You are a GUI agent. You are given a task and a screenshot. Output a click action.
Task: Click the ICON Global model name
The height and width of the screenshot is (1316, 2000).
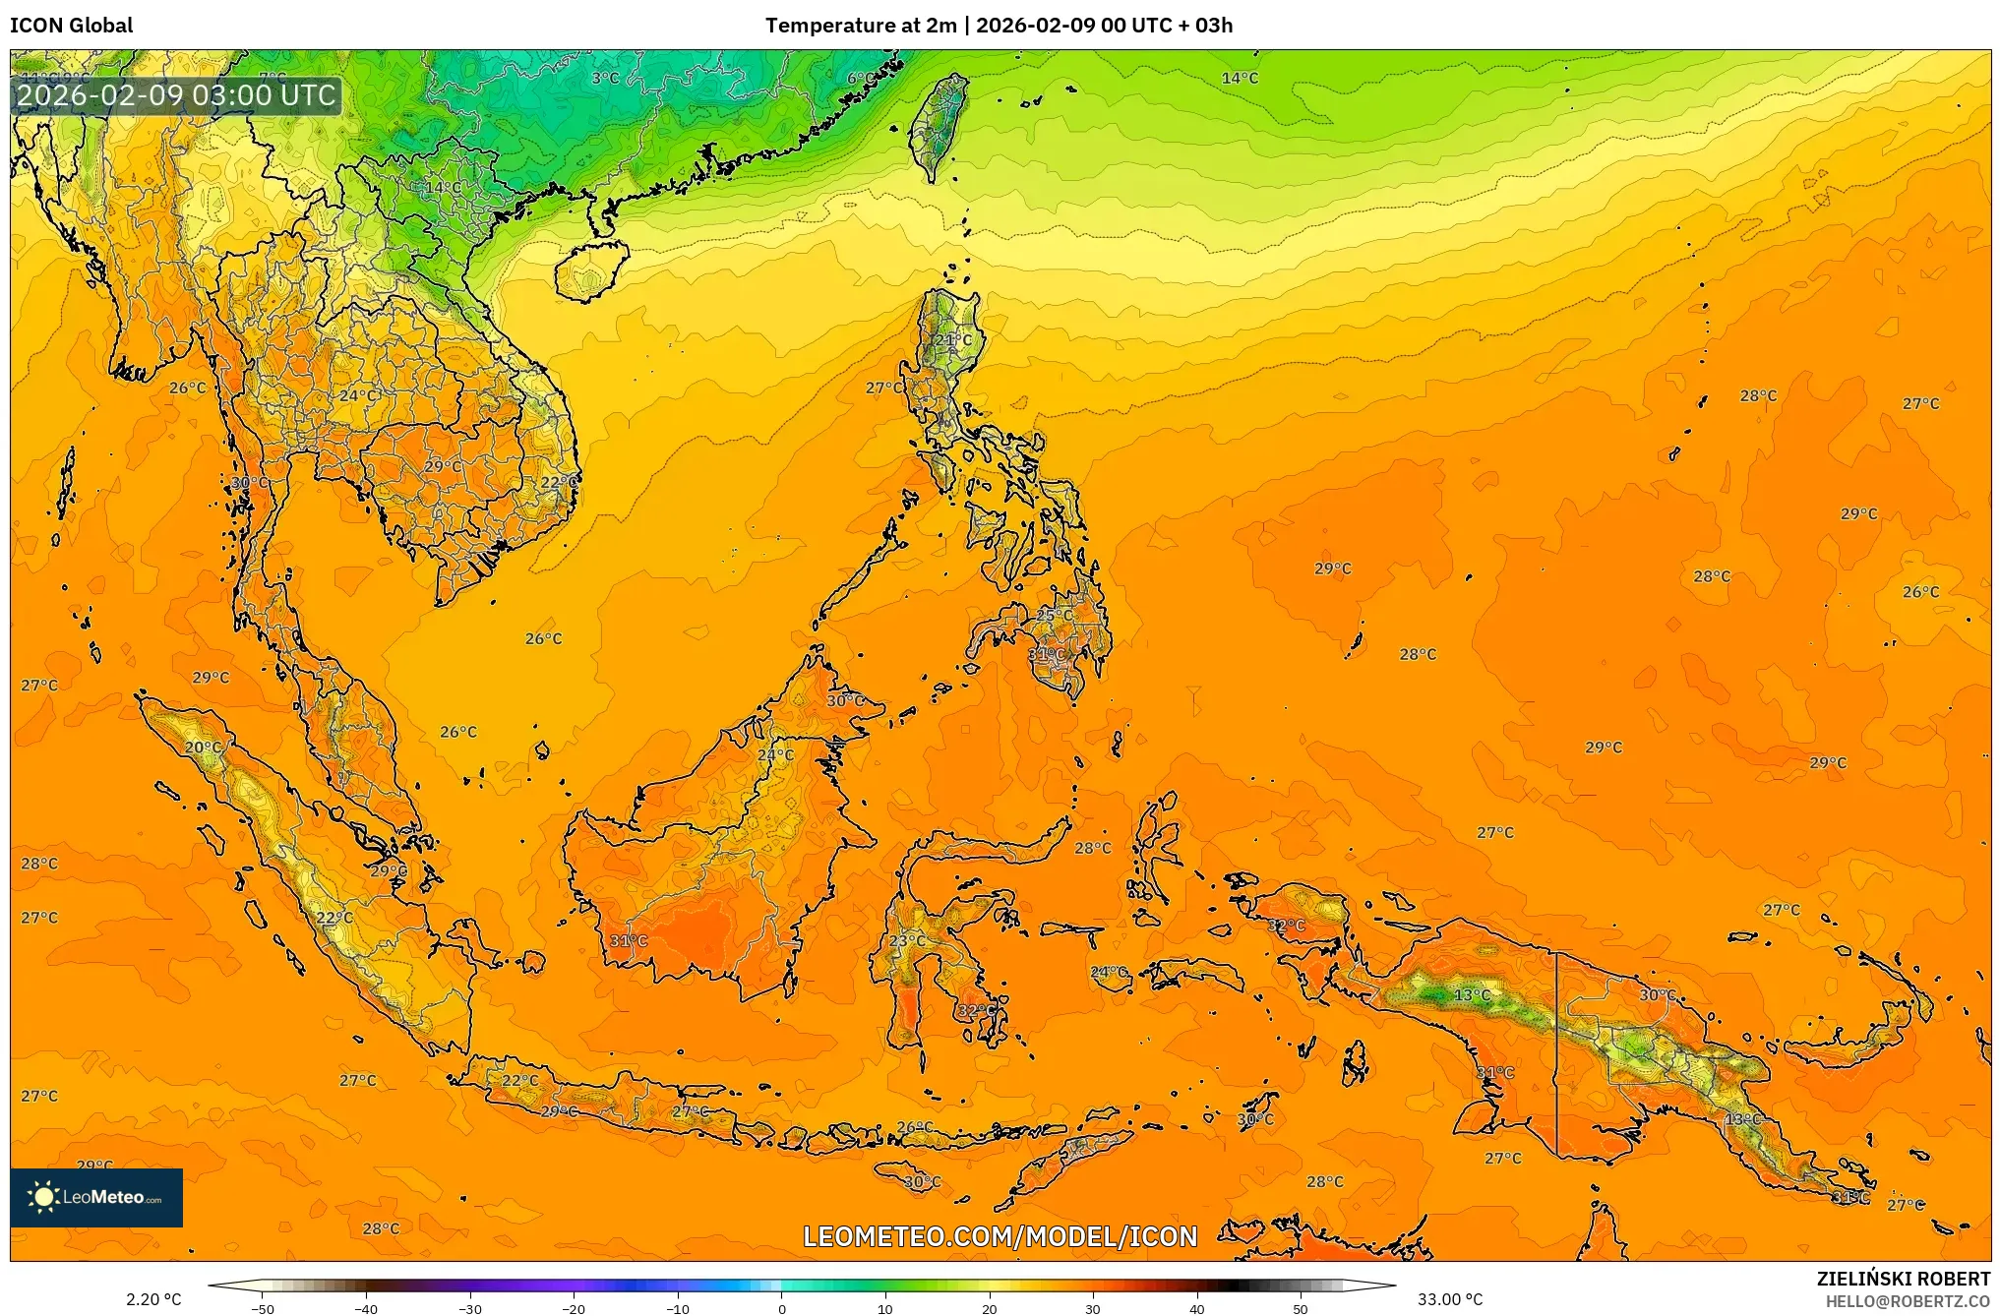click(x=71, y=26)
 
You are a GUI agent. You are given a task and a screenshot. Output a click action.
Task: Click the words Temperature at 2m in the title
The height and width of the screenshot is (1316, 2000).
click(x=861, y=26)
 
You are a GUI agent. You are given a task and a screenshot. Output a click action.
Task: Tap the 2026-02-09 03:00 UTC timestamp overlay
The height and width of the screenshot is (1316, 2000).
click(x=177, y=95)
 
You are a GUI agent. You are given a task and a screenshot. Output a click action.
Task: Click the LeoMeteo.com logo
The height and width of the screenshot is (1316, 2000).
click(x=96, y=1197)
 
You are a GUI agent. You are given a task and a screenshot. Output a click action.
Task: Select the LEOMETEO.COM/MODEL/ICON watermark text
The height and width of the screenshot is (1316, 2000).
click(x=1000, y=1236)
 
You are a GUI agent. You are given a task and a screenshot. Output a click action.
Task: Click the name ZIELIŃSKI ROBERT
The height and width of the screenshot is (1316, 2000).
click(x=1903, y=1279)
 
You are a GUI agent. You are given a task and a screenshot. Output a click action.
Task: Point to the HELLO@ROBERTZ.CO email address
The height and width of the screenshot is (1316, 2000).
click(x=1908, y=1301)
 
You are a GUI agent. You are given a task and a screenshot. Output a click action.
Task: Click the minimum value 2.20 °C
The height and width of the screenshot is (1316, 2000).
click(x=153, y=1299)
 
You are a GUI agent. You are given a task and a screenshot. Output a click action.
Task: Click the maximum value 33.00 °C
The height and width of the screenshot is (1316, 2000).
click(x=1450, y=1299)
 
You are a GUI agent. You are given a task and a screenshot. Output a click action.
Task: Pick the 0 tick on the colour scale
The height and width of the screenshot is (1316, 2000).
click(x=782, y=1309)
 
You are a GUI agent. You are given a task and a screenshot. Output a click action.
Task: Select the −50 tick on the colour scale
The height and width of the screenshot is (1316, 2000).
click(x=263, y=1309)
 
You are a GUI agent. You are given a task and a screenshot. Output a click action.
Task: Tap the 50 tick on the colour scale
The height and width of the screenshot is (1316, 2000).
click(x=1301, y=1309)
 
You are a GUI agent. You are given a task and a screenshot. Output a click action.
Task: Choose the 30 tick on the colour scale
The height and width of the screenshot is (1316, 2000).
click(x=1093, y=1309)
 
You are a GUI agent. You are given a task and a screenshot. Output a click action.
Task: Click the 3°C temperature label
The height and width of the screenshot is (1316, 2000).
click(x=606, y=78)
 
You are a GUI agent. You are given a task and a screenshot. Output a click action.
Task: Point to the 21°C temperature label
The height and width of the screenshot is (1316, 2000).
click(x=952, y=340)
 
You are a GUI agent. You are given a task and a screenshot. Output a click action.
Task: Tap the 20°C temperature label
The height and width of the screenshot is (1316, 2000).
click(x=204, y=748)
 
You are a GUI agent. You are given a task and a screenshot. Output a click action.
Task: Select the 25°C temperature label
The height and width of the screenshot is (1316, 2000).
click(x=1055, y=616)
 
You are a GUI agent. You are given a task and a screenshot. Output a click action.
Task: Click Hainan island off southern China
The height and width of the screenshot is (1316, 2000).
click(x=588, y=270)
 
